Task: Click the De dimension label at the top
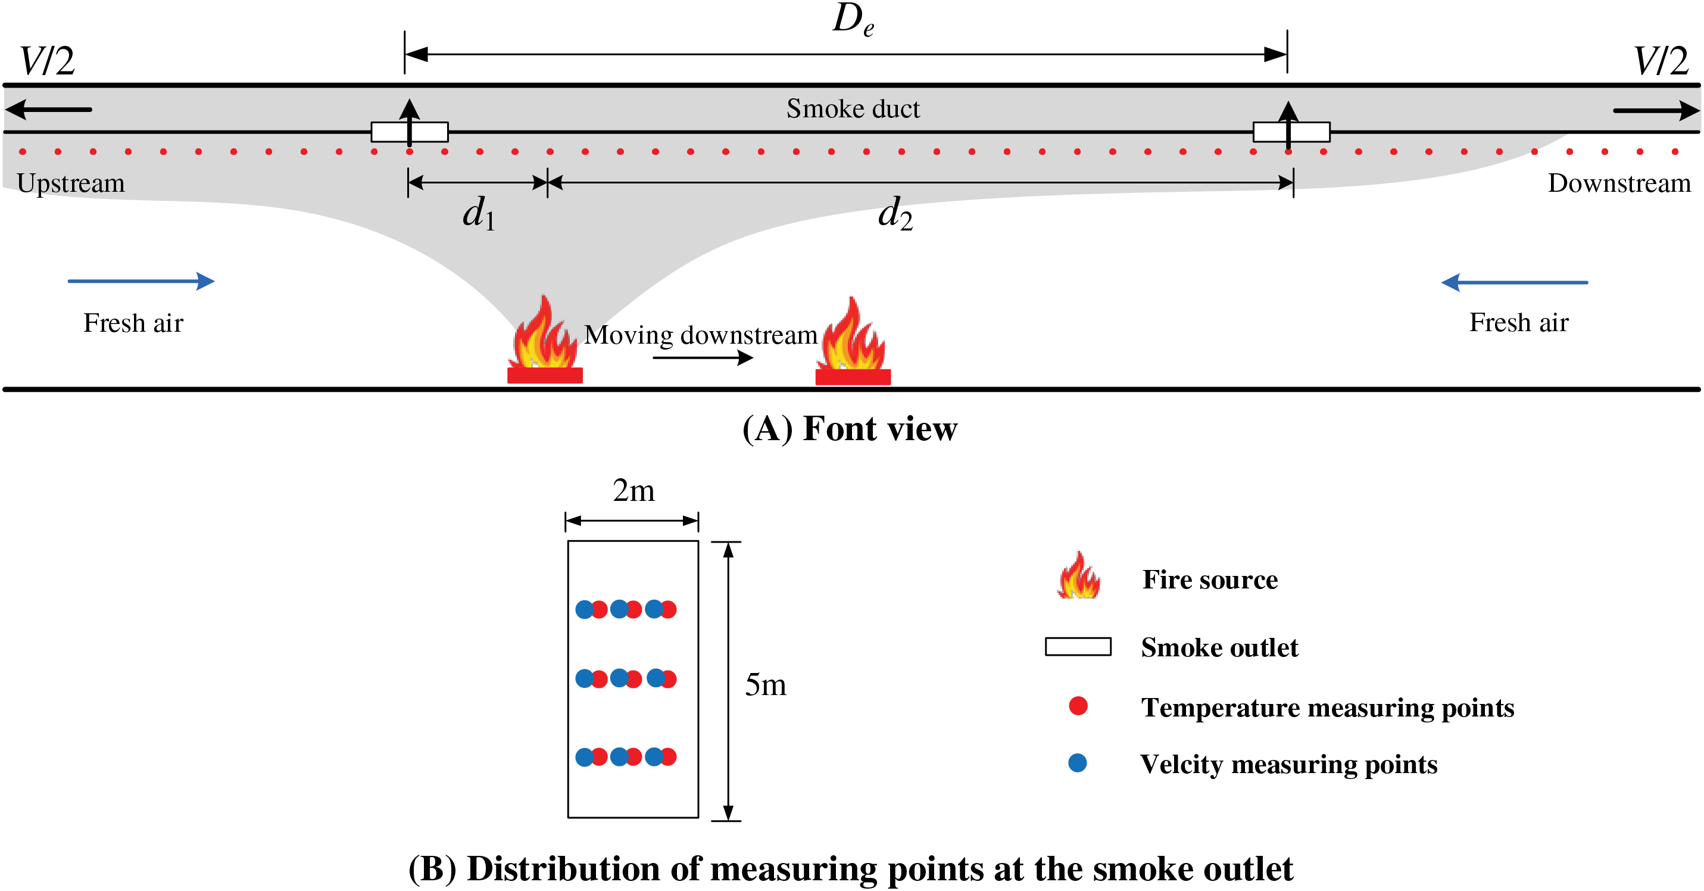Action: coord(853,20)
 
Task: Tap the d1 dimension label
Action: coord(478,213)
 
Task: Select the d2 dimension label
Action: coord(894,213)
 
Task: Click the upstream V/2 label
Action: coord(46,61)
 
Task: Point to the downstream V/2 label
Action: coord(1661,61)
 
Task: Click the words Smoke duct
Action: coord(853,108)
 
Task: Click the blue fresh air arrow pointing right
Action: coord(141,281)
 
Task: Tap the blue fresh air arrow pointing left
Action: coord(1514,282)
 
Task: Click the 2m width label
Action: coord(633,490)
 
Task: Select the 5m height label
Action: coord(765,684)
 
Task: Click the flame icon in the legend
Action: coord(1078,576)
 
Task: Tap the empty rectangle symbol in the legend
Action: coord(1078,646)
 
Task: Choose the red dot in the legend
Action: coord(1078,706)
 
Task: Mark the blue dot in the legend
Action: coord(1078,763)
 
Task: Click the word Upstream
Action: coord(71,183)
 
